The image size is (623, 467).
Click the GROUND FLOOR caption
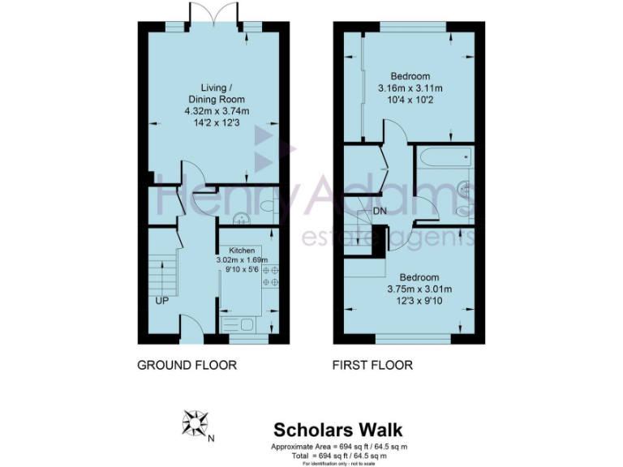187,365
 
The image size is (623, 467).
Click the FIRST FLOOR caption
372,365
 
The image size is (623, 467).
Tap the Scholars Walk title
337,430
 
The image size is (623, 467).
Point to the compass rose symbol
195,423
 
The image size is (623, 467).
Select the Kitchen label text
242,251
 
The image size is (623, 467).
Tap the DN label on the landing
380,212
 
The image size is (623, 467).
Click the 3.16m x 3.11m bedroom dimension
409,88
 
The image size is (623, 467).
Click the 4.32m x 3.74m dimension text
214,111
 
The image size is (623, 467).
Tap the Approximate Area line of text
339,447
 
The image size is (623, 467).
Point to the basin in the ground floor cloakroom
240,218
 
